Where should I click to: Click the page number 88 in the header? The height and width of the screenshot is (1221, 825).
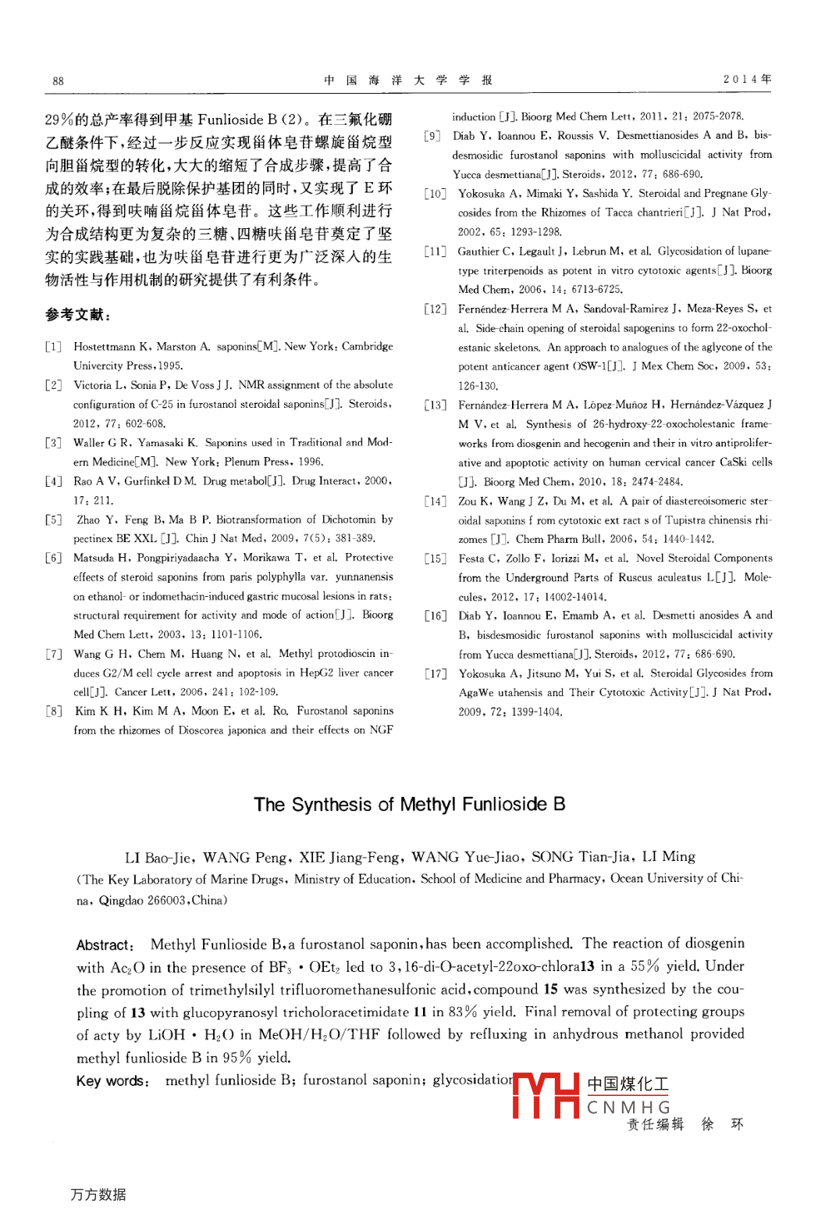pyautogui.click(x=59, y=81)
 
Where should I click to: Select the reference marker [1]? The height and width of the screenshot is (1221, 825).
pyautogui.click(x=53, y=347)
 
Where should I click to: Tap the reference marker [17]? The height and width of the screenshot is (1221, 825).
pyautogui.click(x=436, y=673)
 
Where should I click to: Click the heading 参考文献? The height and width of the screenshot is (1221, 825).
pyautogui.click(x=77, y=315)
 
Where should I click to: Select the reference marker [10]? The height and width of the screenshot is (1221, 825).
pyautogui.click(x=436, y=194)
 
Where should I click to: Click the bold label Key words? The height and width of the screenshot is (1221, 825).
pyautogui.click(x=112, y=1081)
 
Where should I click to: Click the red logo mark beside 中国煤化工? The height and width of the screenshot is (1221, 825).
pyautogui.click(x=546, y=1095)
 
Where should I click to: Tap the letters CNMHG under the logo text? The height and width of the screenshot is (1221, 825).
pyautogui.click(x=628, y=1108)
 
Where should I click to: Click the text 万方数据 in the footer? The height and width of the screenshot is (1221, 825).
pyautogui.click(x=98, y=1194)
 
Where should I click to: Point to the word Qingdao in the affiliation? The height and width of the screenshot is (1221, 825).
pyautogui.click(x=121, y=901)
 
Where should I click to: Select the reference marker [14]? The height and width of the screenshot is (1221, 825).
pyautogui.click(x=436, y=502)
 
